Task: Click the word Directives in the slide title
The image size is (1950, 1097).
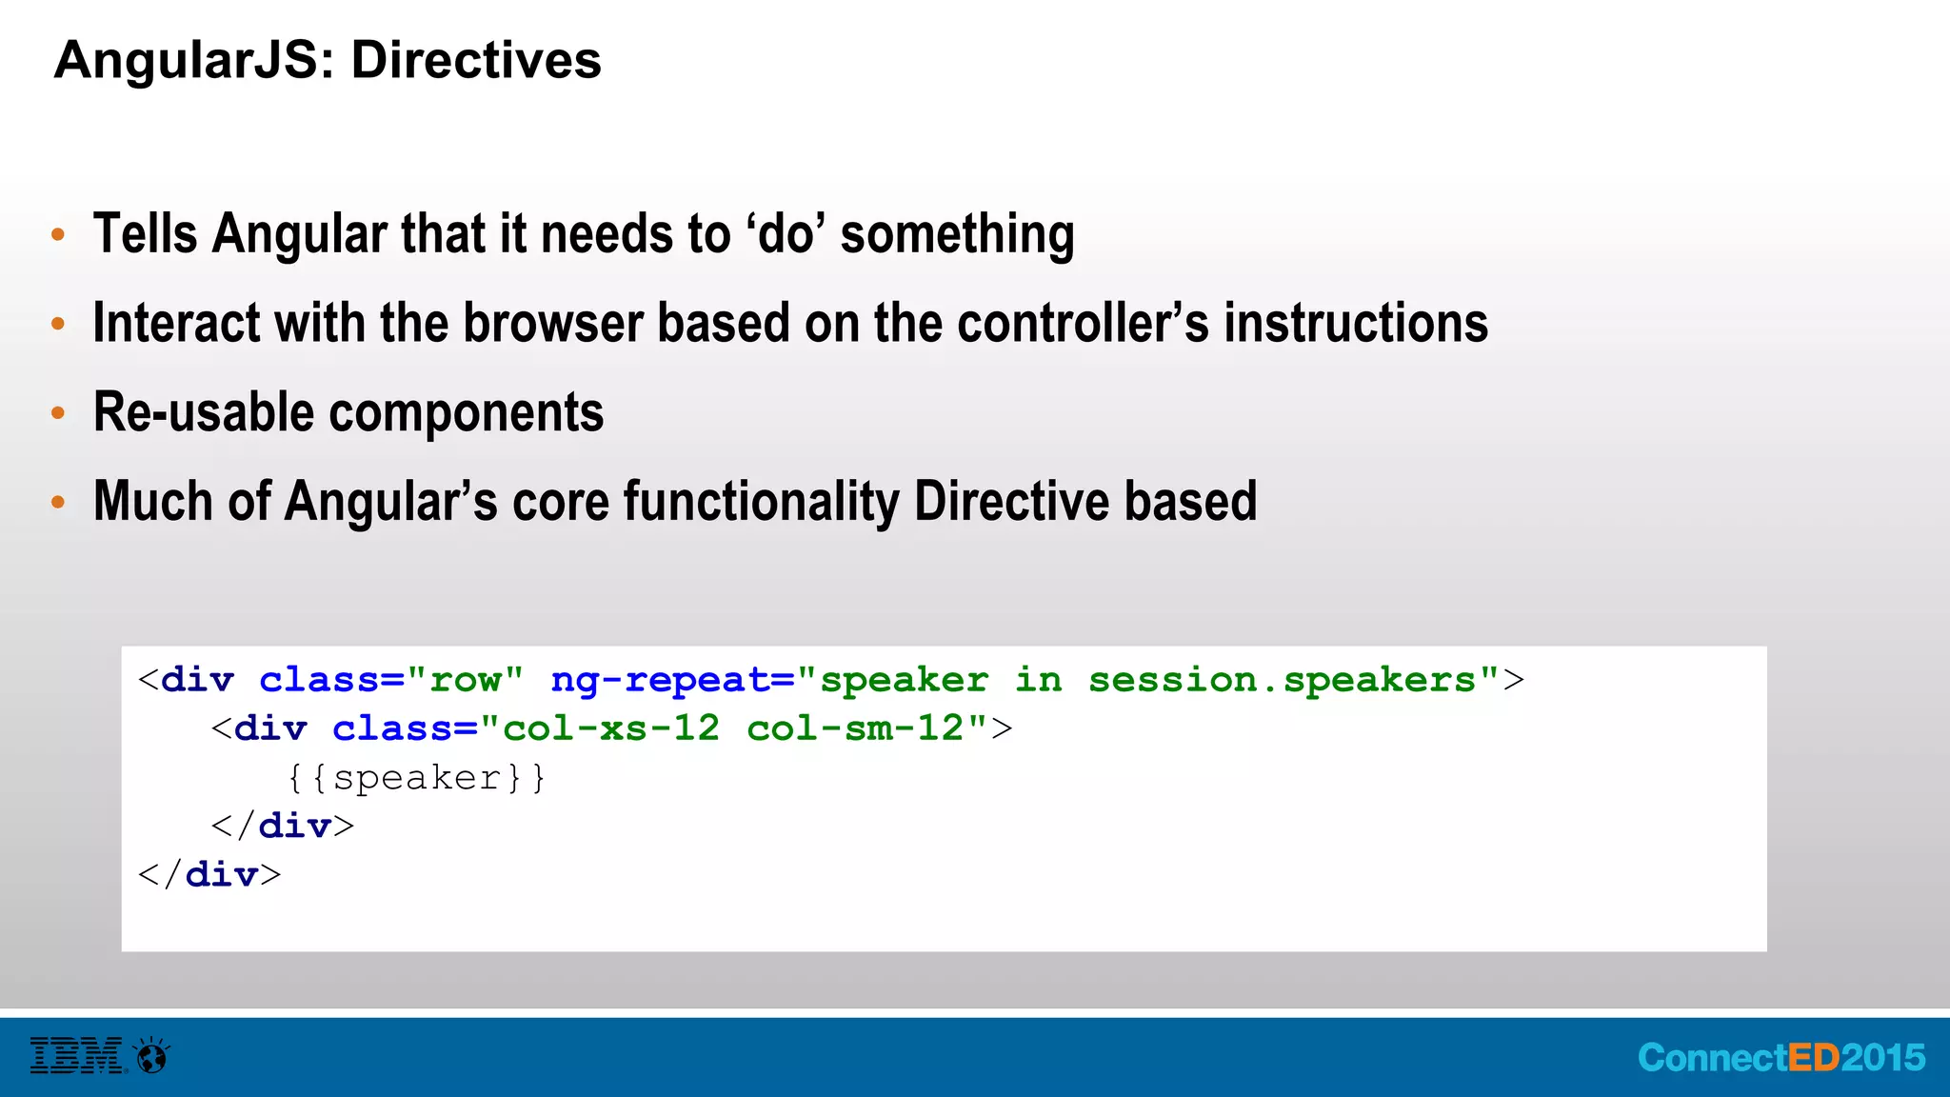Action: pyautogui.click(x=476, y=60)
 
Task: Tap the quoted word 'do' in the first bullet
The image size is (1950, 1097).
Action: pyautogui.click(x=786, y=234)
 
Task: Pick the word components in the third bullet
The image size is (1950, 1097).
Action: pyautogui.click(x=467, y=413)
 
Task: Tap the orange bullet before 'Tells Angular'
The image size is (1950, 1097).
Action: pyautogui.click(x=58, y=234)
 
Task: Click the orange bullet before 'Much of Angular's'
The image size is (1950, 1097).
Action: pyautogui.click(x=58, y=502)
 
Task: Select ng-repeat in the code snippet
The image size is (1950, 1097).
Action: pyautogui.click(x=661, y=680)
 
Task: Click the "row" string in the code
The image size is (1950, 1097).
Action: pyautogui.click(x=465, y=680)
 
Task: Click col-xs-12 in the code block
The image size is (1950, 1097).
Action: pyautogui.click(x=610, y=728)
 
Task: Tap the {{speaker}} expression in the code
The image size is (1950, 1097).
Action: pyautogui.click(x=416, y=778)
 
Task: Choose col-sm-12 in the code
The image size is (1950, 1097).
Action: pyautogui.click(x=855, y=728)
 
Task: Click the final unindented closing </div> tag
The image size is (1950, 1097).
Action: pyautogui.click(x=209, y=874)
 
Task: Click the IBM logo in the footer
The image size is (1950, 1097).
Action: pyautogui.click(x=76, y=1056)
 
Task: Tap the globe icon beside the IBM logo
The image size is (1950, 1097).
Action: pyautogui.click(x=152, y=1056)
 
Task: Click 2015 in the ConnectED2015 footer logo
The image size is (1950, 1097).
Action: pyautogui.click(x=1882, y=1058)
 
